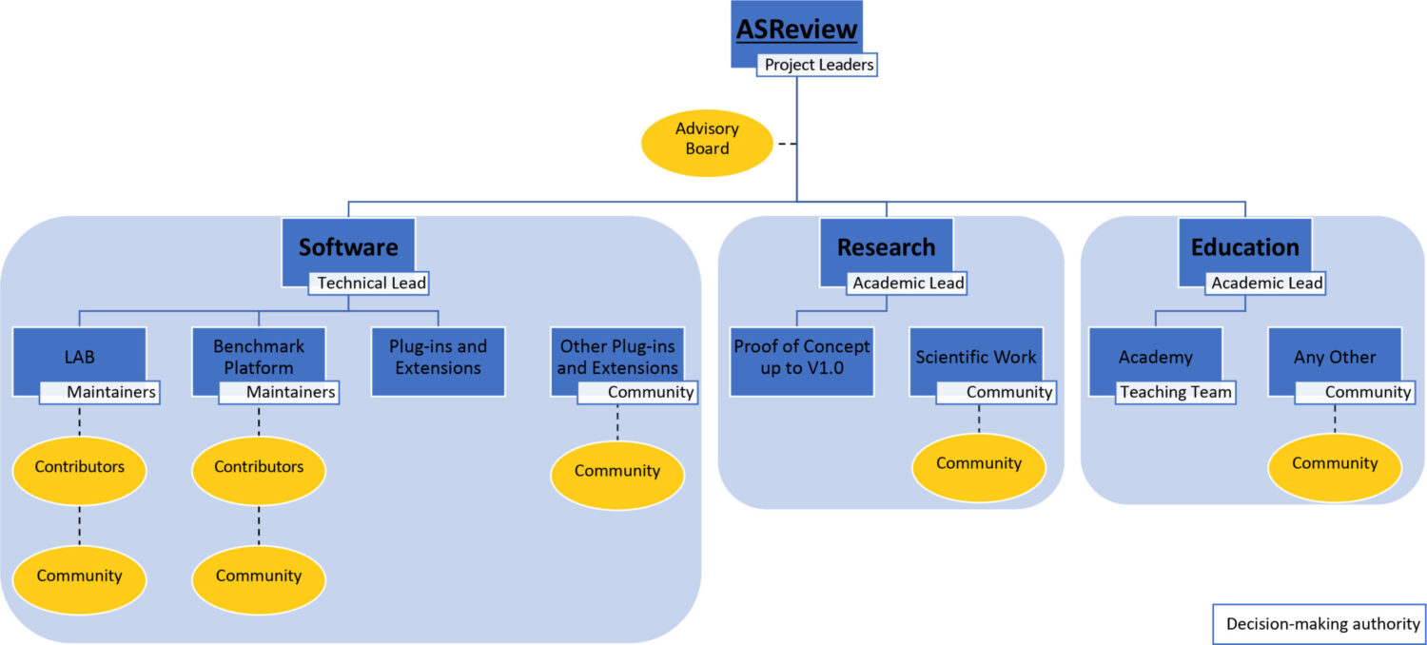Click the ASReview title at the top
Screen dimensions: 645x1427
point(796,30)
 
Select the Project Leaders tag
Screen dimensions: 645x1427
point(816,66)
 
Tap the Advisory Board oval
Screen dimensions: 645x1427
point(707,138)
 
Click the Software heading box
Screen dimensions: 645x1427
point(348,248)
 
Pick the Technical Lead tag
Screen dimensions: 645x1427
point(371,283)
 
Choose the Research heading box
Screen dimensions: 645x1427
point(886,248)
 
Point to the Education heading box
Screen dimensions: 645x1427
point(1244,248)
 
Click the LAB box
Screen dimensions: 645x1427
point(79,357)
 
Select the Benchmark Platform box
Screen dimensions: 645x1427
point(259,357)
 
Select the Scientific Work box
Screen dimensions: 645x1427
point(976,357)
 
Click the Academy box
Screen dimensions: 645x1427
point(1155,357)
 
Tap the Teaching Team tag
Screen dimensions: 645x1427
point(1176,392)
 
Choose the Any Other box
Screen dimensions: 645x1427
point(1334,357)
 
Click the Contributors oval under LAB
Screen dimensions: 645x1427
point(79,467)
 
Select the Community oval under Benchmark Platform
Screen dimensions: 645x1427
point(259,576)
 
